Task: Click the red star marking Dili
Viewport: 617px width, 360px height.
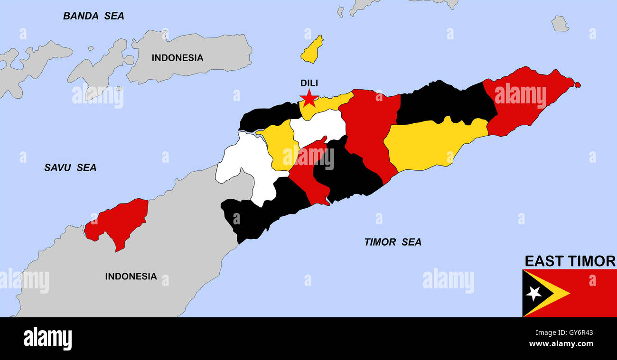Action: click(309, 98)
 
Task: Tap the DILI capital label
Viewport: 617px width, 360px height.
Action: click(309, 83)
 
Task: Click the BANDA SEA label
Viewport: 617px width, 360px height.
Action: click(93, 16)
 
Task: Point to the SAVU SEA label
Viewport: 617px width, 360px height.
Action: click(70, 167)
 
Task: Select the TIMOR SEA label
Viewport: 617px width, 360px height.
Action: click(393, 242)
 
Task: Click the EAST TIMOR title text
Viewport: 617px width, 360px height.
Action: click(570, 261)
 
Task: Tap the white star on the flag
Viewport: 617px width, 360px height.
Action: click(533, 293)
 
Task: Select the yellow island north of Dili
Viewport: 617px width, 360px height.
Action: click(312, 50)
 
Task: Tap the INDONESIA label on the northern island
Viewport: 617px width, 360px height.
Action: click(177, 58)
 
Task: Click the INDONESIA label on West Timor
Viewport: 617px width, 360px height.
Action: click(131, 276)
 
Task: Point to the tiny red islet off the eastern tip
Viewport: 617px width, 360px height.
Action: click(577, 85)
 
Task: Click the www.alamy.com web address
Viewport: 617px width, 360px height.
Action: click(561, 344)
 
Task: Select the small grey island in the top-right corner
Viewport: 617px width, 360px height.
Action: click(560, 24)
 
